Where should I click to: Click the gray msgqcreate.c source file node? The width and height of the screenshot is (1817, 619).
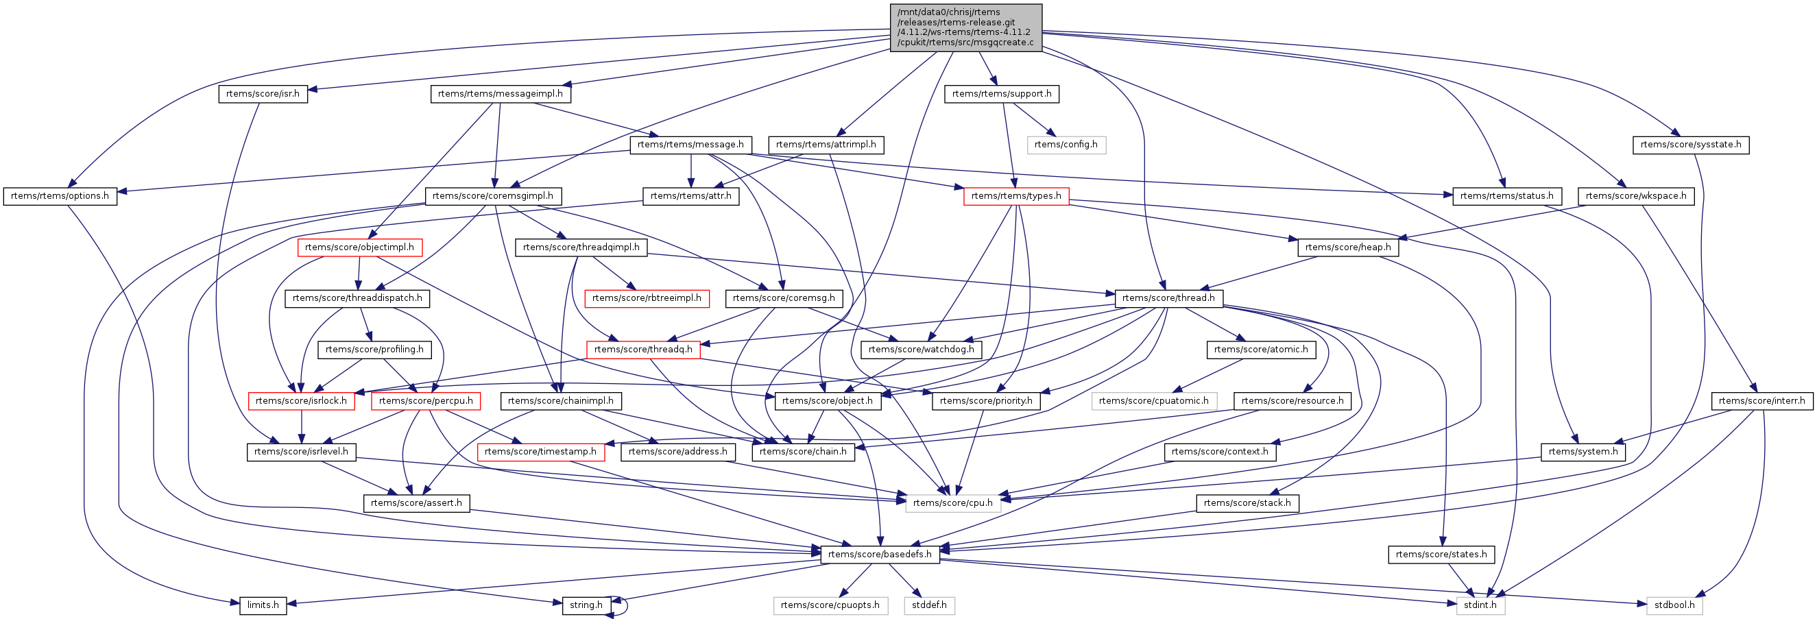pos(965,27)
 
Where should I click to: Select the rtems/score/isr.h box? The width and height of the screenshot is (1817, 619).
pos(263,94)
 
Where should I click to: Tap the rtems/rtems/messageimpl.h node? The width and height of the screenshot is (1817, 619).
pos(500,94)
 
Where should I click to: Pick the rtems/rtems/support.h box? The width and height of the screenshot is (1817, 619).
pos(1001,94)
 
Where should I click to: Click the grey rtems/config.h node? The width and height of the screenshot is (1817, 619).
pos(1065,145)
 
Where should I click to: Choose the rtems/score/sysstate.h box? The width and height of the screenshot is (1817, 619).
pos(1690,145)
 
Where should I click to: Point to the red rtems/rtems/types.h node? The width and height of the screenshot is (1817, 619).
pos(1015,196)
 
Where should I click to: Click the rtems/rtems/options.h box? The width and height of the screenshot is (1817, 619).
pos(60,196)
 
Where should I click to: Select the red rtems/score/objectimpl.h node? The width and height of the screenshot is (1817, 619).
pos(359,247)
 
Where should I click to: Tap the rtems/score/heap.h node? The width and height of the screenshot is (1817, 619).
pos(1347,247)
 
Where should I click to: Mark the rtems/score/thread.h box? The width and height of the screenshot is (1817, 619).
pos(1168,298)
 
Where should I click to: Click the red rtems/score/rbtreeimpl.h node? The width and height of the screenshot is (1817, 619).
pos(646,298)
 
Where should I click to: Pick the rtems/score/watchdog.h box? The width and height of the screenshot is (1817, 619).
pos(920,350)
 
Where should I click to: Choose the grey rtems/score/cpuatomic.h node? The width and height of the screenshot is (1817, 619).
pos(1153,401)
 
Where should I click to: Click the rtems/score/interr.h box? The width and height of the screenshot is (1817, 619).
pos(1761,401)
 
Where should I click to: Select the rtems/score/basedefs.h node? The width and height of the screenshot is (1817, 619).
pos(880,555)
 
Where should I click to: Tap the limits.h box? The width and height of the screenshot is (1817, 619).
pos(263,605)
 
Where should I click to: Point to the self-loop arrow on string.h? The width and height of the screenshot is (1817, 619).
pos(624,605)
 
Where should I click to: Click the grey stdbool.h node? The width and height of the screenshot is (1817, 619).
pos(1674,605)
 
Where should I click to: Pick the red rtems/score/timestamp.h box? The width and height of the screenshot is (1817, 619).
pos(540,452)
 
